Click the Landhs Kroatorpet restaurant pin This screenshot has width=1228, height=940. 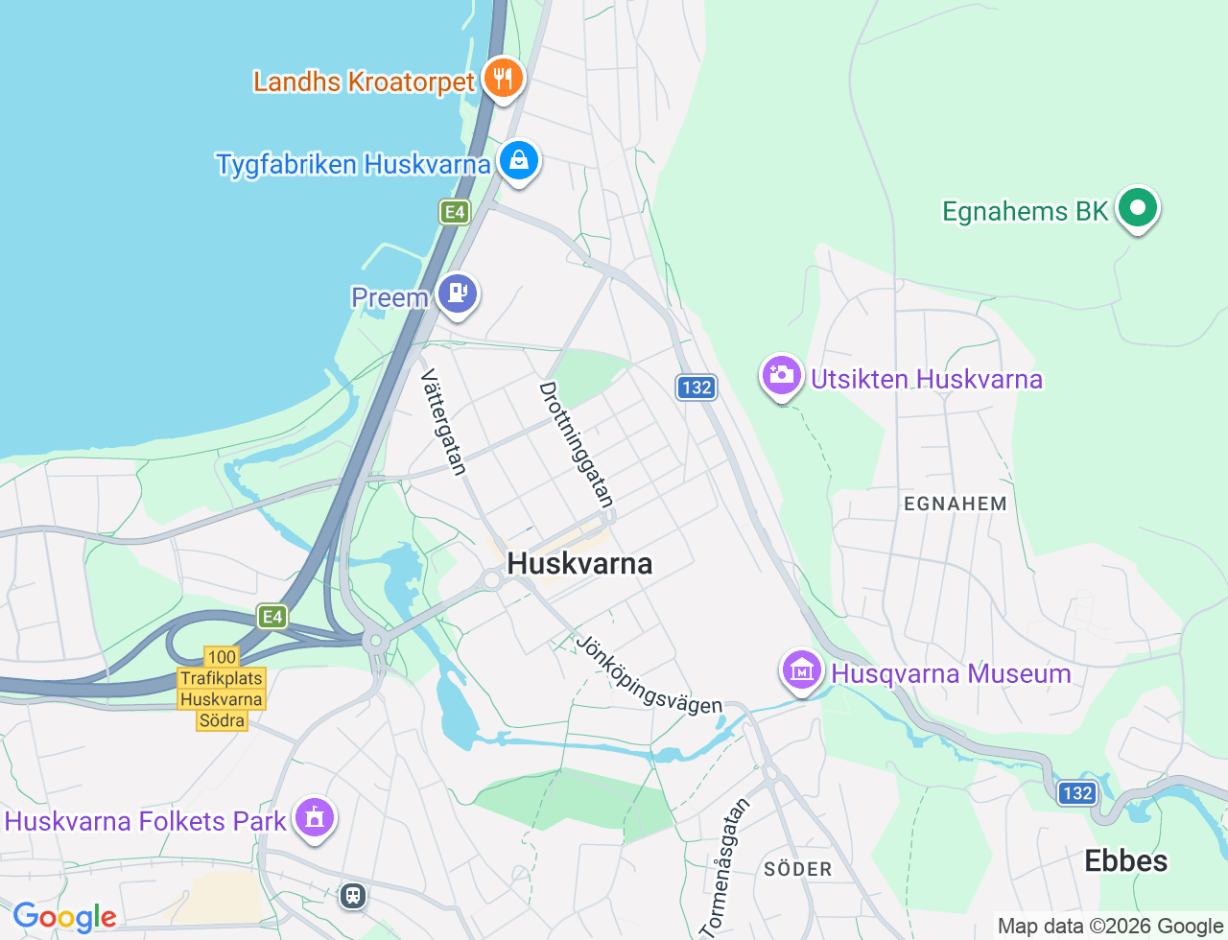(x=503, y=78)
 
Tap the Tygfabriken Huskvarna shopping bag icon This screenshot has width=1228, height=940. (x=519, y=160)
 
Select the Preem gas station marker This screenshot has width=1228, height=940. (x=458, y=294)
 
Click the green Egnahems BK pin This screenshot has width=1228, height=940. (x=1138, y=207)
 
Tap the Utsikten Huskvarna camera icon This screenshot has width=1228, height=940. (x=781, y=376)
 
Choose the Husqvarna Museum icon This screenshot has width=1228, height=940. (x=801, y=670)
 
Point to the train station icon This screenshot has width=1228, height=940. (x=353, y=896)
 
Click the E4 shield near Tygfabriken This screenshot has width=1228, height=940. (x=455, y=212)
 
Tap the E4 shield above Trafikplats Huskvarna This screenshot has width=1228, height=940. (x=272, y=616)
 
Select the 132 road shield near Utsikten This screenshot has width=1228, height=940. (x=697, y=388)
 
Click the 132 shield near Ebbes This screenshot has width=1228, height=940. (x=1077, y=793)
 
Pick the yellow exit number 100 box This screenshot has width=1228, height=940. (x=222, y=657)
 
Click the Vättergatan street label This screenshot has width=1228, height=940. (x=444, y=422)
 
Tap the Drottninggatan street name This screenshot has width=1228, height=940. (x=576, y=444)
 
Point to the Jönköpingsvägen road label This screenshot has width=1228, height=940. (x=649, y=674)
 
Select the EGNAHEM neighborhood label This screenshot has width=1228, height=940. (x=956, y=504)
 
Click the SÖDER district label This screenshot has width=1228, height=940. (x=798, y=869)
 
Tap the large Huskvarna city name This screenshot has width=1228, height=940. (x=579, y=563)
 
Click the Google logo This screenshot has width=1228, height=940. (x=64, y=917)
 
